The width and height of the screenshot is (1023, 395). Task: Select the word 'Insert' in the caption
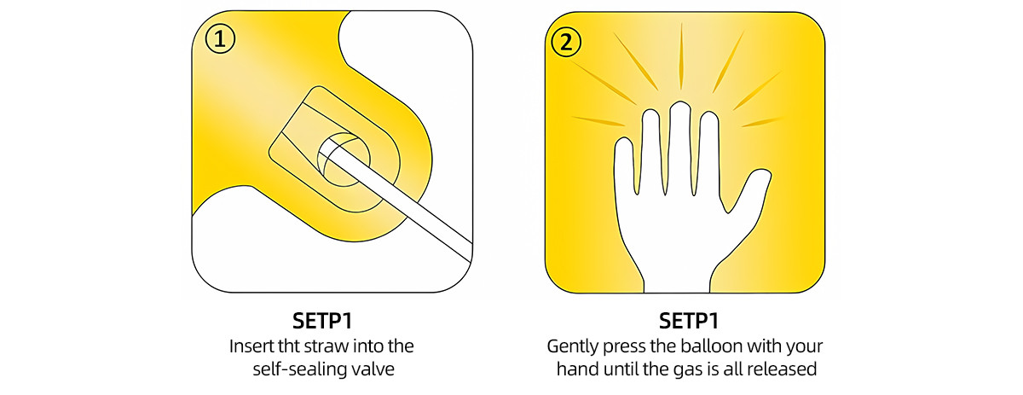pos(251,347)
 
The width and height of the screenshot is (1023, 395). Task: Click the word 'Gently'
pos(571,347)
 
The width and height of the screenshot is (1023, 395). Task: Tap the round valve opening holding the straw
pos(344,157)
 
